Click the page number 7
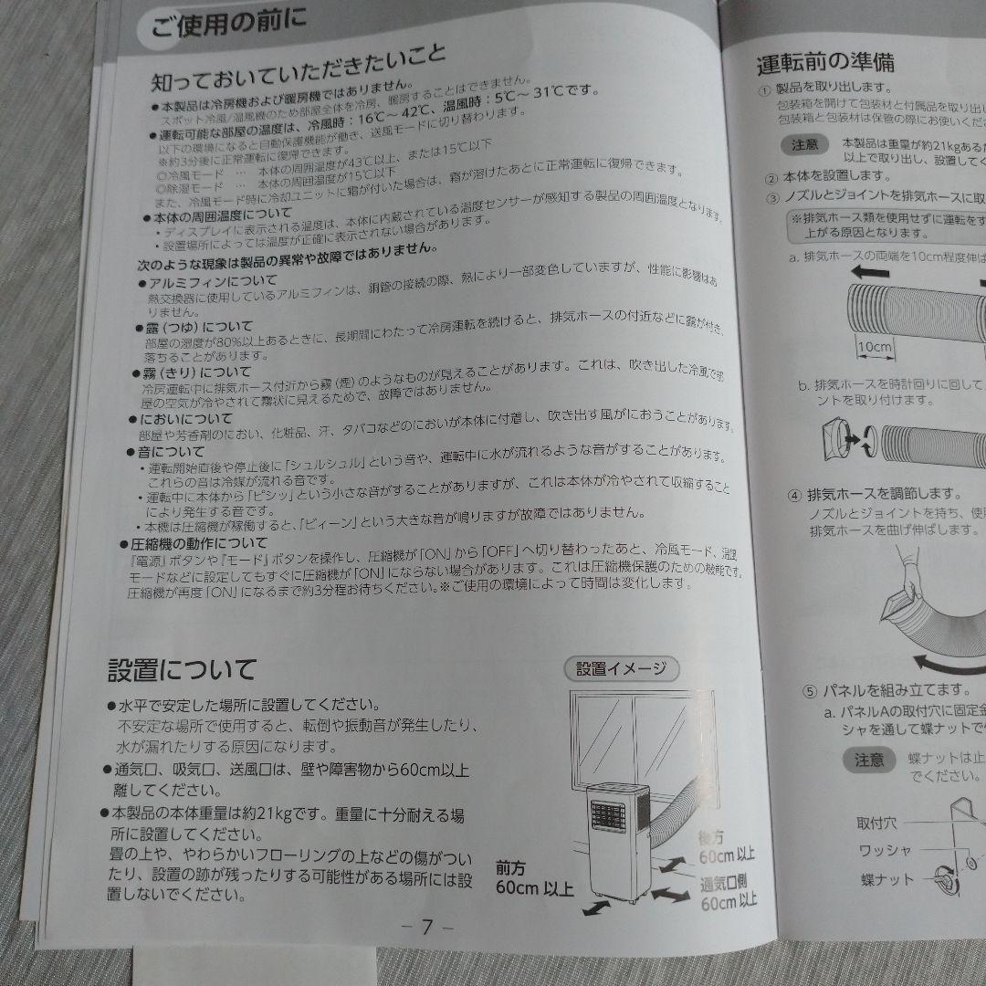click(x=427, y=926)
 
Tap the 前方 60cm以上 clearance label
click(x=535, y=876)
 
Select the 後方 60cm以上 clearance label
click(x=727, y=846)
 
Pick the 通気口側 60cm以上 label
click(x=729, y=893)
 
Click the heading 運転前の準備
click(x=825, y=63)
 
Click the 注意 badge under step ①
click(x=804, y=145)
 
